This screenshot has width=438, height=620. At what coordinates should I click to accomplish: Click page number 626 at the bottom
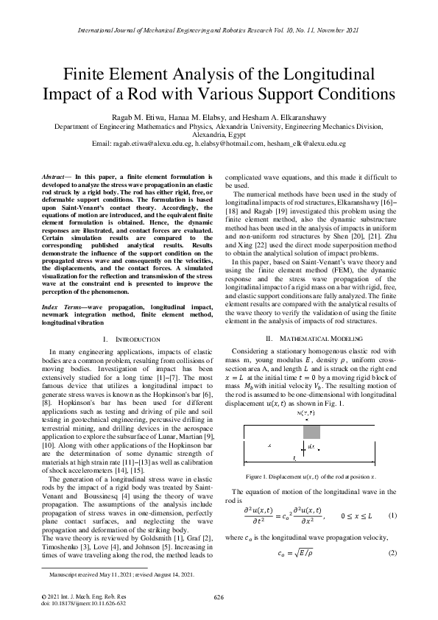point(219,596)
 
